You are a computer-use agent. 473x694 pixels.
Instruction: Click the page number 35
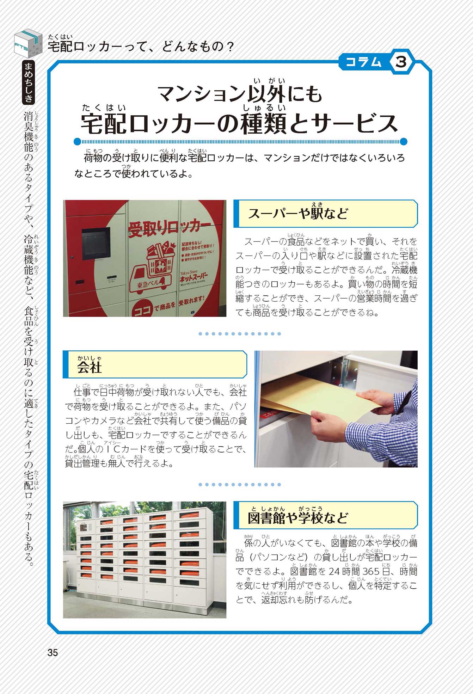point(53,652)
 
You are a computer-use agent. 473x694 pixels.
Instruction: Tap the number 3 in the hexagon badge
point(401,62)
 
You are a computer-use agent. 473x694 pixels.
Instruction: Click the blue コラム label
point(363,62)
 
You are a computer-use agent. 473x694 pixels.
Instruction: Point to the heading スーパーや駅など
point(298,213)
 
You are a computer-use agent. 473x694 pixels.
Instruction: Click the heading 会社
point(90,367)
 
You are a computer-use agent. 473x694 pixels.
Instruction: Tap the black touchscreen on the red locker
point(96,243)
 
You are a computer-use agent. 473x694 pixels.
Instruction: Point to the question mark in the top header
point(230,46)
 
